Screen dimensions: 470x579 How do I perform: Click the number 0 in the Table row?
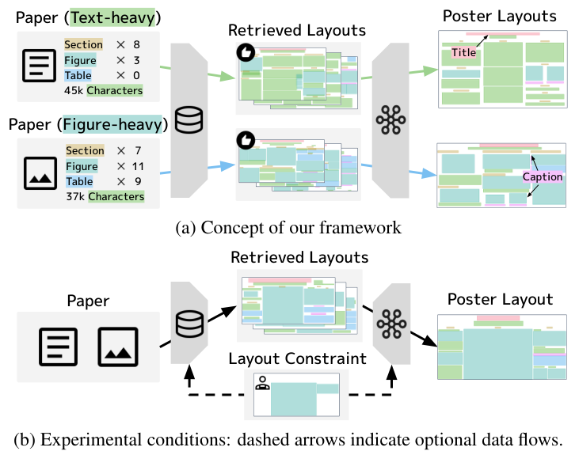click(x=136, y=76)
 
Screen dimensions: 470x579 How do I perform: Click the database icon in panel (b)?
click(x=189, y=324)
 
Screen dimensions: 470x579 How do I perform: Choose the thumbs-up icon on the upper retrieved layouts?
click(x=245, y=51)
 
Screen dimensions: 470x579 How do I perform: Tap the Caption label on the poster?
click(x=542, y=177)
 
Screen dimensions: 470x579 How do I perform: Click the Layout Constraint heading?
click(x=297, y=358)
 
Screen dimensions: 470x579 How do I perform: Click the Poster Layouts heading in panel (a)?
click(x=499, y=16)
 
